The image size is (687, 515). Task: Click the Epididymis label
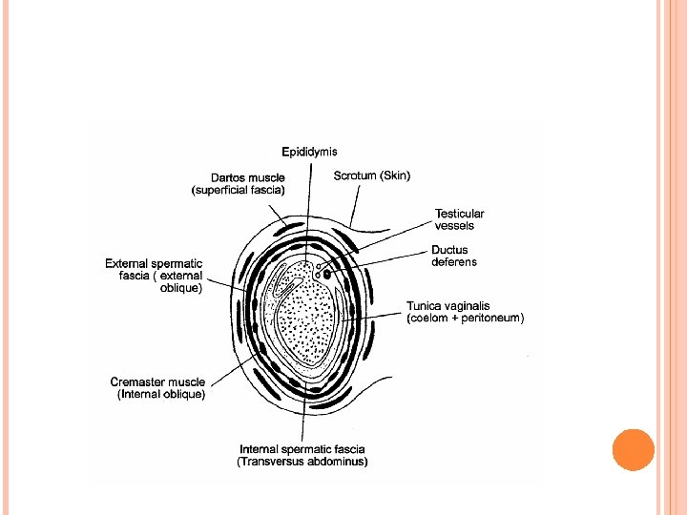click(x=309, y=152)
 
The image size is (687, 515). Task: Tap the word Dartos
click(x=230, y=176)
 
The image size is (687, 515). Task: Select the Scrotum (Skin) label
click(x=371, y=175)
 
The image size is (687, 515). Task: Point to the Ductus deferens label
click(x=453, y=256)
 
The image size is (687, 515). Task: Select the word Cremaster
click(x=140, y=382)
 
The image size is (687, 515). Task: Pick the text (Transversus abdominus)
click(x=302, y=462)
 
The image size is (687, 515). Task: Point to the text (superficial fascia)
click(x=244, y=189)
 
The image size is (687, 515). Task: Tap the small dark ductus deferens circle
click(x=327, y=274)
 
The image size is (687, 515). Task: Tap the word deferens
click(x=453, y=262)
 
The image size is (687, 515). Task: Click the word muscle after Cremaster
click(x=187, y=382)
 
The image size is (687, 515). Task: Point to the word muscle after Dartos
click(x=272, y=176)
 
